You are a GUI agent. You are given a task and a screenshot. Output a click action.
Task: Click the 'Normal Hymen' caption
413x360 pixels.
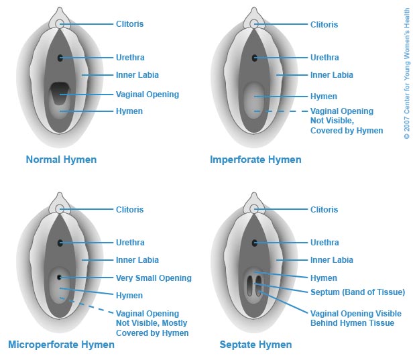click(x=61, y=160)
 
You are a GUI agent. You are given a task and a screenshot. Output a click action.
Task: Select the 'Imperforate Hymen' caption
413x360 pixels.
click(x=255, y=160)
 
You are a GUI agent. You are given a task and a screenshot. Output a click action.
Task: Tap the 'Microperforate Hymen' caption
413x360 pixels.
click(x=61, y=345)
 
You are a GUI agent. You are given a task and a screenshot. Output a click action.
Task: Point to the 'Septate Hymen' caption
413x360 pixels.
click(x=255, y=345)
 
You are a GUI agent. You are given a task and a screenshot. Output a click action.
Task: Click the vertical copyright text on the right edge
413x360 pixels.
click(x=406, y=83)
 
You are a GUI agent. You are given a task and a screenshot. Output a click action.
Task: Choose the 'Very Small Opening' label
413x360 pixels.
click(x=154, y=278)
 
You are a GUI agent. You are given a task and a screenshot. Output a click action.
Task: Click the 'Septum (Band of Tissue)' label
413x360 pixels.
click(x=357, y=292)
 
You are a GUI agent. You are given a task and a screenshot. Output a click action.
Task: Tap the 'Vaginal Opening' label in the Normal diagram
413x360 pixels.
click(x=147, y=94)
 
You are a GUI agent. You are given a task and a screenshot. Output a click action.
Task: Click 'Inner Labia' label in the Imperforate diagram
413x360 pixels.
click(x=332, y=75)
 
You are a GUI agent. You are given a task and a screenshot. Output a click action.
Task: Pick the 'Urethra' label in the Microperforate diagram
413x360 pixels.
click(x=130, y=243)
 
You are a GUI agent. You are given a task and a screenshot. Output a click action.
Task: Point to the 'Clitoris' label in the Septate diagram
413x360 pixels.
click(x=324, y=210)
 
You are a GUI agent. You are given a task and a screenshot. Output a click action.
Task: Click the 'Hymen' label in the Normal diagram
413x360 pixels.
click(x=129, y=111)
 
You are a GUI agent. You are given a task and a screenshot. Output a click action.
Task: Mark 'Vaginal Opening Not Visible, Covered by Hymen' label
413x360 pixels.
click(x=346, y=121)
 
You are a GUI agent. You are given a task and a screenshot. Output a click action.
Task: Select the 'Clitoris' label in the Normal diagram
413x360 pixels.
click(x=130, y=24)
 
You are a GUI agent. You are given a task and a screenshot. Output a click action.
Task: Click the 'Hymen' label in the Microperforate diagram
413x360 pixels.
click(x=129, y=295)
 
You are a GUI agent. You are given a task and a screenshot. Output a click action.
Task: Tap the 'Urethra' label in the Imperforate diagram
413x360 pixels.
click(x=324, y=58)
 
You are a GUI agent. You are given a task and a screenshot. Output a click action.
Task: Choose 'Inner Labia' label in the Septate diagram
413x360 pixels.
click(x=332, y=260)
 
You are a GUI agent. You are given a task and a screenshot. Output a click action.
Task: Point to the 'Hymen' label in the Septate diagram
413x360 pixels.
click(x=324, y=278)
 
